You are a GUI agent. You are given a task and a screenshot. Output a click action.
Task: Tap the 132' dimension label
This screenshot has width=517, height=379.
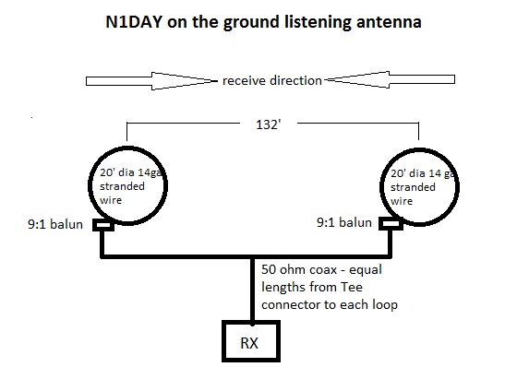coord(269,124)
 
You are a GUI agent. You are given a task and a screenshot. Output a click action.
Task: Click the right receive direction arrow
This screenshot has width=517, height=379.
coord(390,79)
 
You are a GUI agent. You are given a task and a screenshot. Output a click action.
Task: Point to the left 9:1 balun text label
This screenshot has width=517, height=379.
coord(55,224)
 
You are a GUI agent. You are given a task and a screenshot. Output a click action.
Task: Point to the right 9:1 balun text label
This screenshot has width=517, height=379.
coord(344,222)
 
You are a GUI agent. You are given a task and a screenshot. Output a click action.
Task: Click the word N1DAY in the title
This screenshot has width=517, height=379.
coord(134,22)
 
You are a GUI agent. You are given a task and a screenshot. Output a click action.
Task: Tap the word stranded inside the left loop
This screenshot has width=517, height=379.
coord(122,186)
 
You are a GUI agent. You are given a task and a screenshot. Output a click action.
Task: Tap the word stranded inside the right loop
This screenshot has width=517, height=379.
coord(413,187)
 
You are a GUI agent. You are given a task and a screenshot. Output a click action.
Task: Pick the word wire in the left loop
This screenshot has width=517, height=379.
coord(111,200)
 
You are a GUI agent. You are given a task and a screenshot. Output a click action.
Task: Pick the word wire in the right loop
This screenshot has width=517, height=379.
coord(402,201)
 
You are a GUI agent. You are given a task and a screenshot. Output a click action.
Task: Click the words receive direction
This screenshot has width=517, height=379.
coord(272,80)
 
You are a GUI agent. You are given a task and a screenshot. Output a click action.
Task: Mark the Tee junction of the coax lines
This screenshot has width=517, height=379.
coord(252,256)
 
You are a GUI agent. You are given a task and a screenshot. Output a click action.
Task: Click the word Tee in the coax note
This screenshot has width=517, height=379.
coord(352,287)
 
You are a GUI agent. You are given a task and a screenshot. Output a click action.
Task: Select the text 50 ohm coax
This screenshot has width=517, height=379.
coord(299,269)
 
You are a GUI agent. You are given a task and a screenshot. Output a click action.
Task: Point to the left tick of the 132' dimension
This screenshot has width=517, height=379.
coord(127,131)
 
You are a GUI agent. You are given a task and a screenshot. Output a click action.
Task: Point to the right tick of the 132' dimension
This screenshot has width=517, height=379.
coord(418,131)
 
